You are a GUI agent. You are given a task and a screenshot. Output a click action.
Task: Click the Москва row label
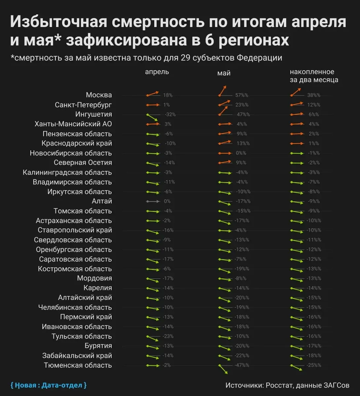99,95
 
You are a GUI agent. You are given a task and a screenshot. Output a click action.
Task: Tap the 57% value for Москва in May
241,95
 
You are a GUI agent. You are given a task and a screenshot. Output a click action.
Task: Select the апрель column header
157,72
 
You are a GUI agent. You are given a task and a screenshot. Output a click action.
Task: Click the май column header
224,73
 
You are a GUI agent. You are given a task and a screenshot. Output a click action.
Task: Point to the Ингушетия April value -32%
170,115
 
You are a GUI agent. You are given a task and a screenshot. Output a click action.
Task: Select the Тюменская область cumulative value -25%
314,365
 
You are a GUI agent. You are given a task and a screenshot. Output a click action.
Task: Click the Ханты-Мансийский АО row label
73,124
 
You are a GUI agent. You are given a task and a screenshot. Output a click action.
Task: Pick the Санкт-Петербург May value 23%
242,105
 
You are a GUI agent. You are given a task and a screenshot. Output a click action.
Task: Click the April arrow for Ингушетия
152,117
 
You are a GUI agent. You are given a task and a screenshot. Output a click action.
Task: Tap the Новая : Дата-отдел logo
49,385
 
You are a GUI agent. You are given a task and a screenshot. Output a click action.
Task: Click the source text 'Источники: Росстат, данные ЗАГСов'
287,385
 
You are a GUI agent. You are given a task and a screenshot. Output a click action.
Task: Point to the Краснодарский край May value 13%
241,144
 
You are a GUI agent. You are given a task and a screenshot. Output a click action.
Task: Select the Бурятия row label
98,346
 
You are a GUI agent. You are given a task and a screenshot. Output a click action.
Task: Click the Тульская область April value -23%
168,336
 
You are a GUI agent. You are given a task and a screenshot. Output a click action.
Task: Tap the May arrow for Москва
223,91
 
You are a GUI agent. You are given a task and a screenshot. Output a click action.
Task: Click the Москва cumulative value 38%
314,95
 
